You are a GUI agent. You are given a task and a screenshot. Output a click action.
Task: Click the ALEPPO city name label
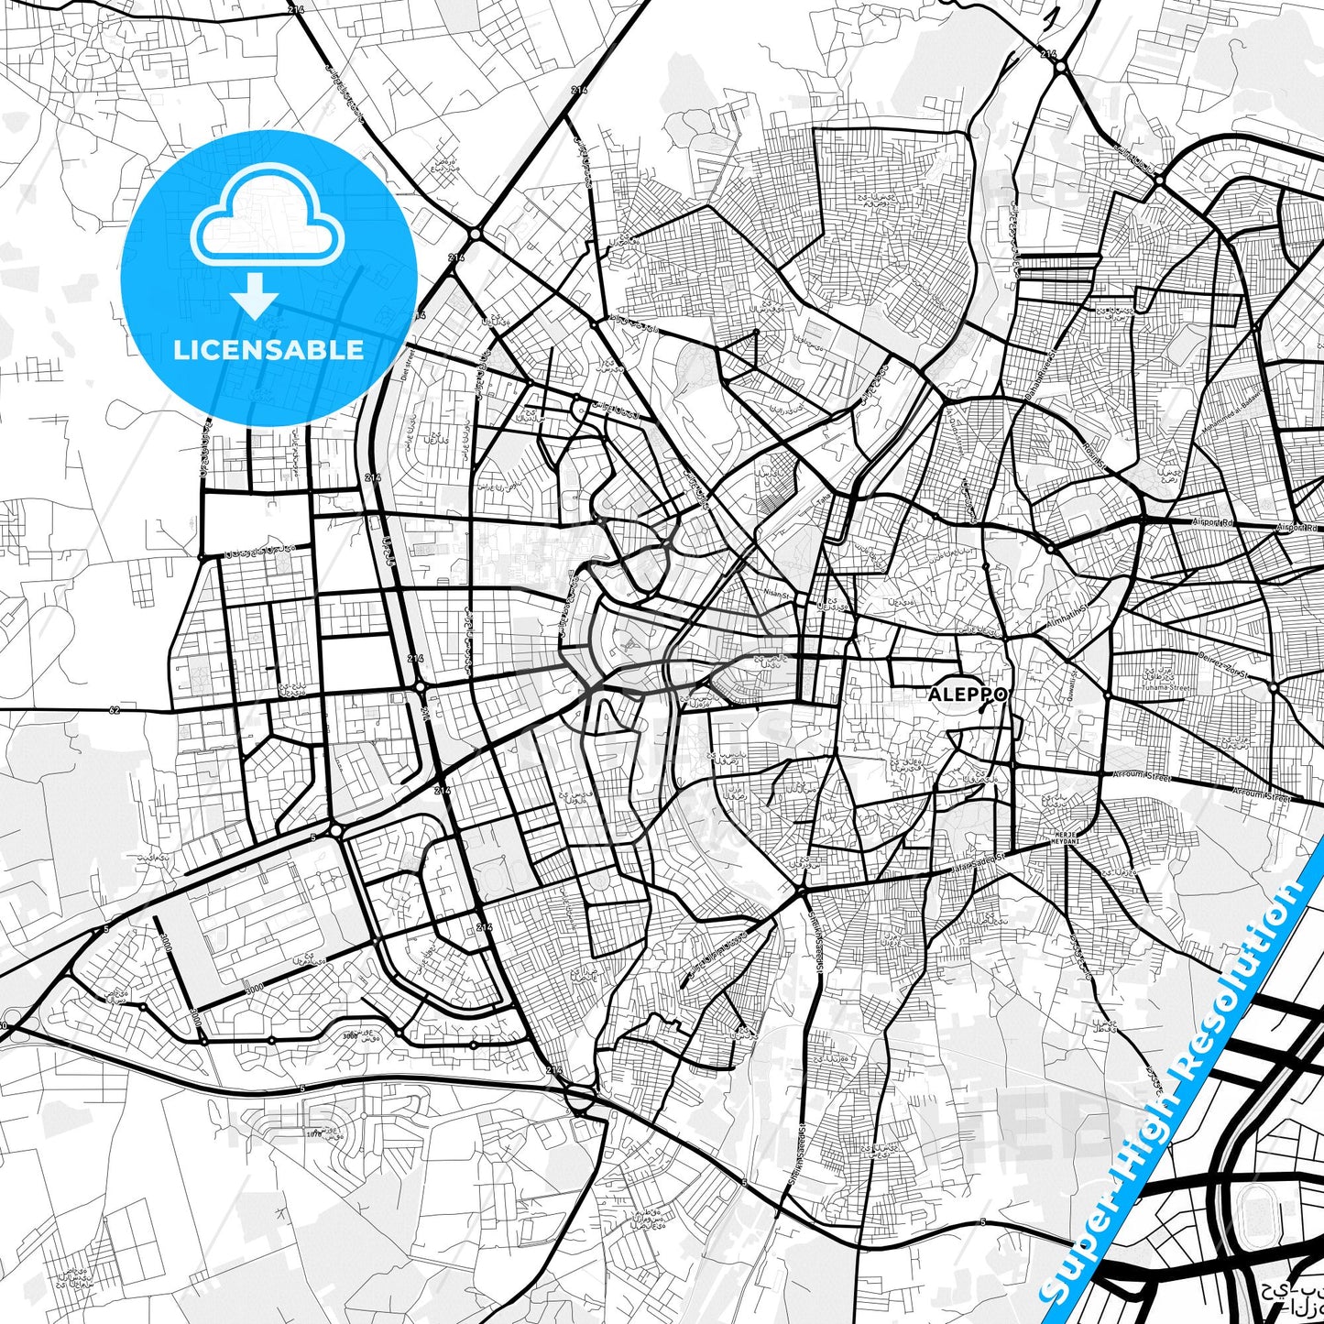[x=968, y=695]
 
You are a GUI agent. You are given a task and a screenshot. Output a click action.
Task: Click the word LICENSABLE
[x=268, y=349]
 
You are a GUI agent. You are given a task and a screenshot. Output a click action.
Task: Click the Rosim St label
[x=1095, y=461]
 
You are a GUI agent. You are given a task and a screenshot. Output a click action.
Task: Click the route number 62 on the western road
[x=114, y=709]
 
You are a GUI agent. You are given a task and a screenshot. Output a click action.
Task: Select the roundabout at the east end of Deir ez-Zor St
[x=1275, y=686]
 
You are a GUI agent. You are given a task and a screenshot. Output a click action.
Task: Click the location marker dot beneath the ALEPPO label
[x=980, y=709]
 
